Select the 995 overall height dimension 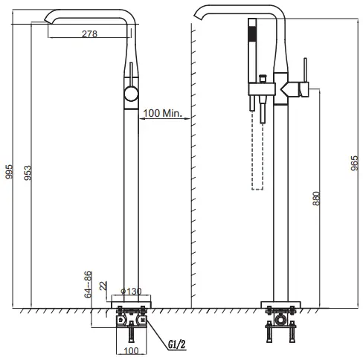pos(10,171)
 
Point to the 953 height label pos(28,171)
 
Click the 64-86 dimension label pos(87,283)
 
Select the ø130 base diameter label pos(131,291)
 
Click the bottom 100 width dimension pos(131,350)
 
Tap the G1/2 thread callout pos(177,344)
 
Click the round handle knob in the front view pos(131,94)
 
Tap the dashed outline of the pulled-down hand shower pos(258,149)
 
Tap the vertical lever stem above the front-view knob pos(131,74)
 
